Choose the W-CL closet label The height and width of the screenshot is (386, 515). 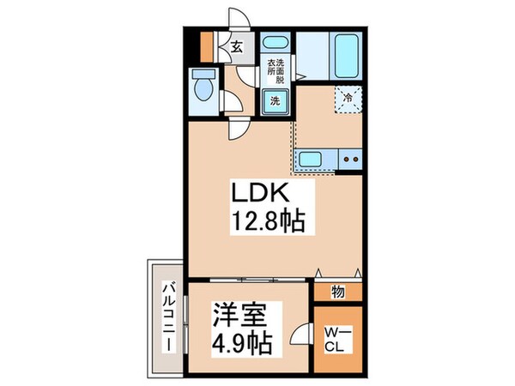pos(338,342)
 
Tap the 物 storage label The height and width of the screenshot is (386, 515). pos(338,292)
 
